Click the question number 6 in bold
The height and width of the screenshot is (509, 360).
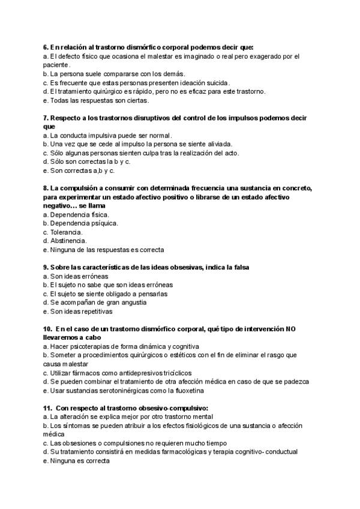click(46, 47)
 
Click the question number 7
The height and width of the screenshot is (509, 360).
click(46, 118)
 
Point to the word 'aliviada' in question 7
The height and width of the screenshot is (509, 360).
click(218, 144)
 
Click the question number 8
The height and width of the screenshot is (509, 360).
click(46, 188)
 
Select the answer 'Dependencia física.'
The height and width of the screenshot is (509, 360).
click(79, 214)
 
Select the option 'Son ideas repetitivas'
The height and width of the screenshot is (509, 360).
click(78, 312)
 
